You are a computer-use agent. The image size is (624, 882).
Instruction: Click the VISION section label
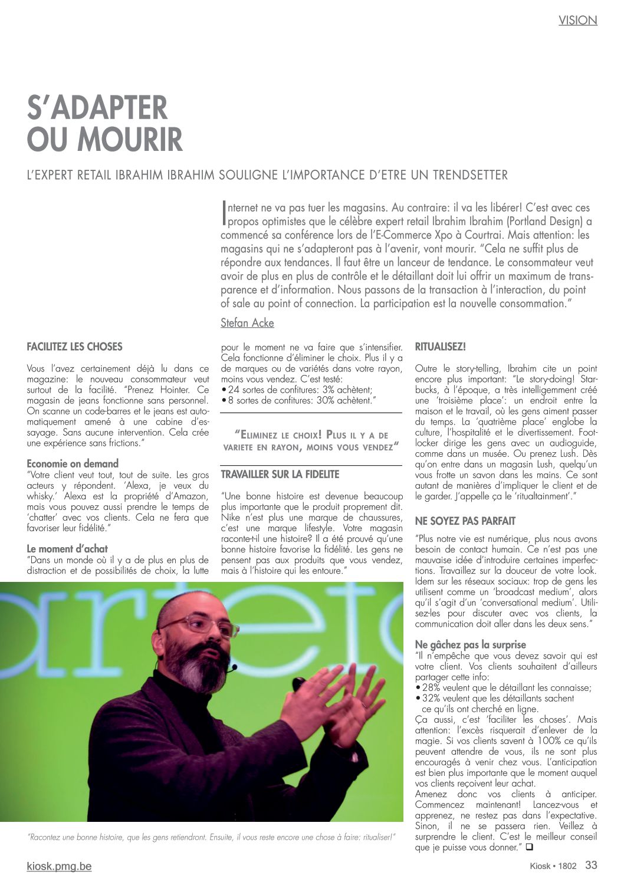pyautogui.click(x=577, y=20)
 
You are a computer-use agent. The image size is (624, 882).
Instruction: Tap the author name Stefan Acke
pyautogui.click(x=247, y=322)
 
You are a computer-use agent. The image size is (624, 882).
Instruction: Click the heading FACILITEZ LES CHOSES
pyautogui.click(x=74, y=347)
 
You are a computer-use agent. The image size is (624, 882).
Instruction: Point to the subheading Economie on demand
pyautogui.click(x=73, y=463)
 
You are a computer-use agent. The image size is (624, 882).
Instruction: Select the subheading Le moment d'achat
pyautogui.click(x=67, y=549)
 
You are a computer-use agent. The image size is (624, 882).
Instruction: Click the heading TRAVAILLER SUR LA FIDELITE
pyautogui.click(x=280, y=474)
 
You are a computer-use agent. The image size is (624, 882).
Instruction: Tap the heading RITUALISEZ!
pyautogui.click(x=440, y=347)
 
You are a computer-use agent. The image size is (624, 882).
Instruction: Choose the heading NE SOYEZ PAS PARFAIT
pyautogui.click(x=465, y=521)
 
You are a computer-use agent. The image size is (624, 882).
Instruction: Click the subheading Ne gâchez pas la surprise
pyautogui.click(x=470, y=644)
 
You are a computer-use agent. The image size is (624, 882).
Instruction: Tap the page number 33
pyautogui.click(x=591, y=865)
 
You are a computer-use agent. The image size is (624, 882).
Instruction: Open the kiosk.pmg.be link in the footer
pyautogui.click(x=59, y=866)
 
